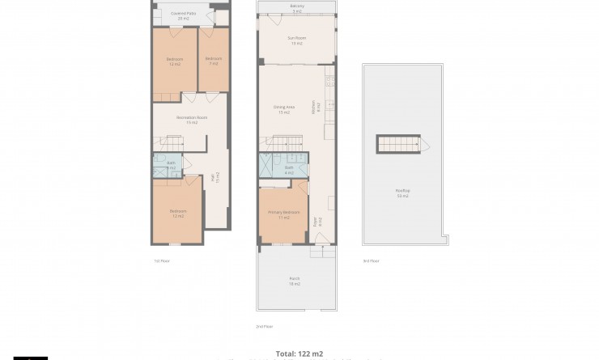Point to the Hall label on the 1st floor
click(x=215, y=177)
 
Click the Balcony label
click(x=296, y=8)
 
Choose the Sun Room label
click(x=296, y=40)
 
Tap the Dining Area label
click(x=283, y=108)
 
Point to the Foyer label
click(x=319, y=220)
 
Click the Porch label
click(x=295, y=281)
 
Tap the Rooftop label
click(x=402, y=193)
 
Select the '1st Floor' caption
click(x=162, y=260)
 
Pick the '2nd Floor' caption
click(x=265, y=326)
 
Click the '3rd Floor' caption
click(x=371, y=260)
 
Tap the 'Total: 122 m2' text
click(x=299, y=354)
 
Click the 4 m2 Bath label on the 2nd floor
click(x=289, y=170)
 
